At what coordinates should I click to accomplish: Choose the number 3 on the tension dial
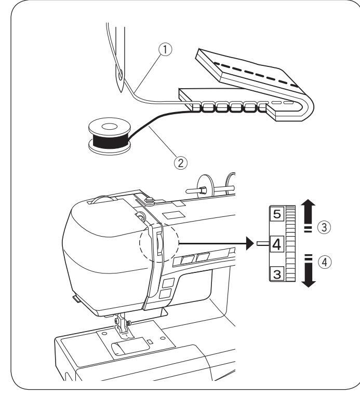pos(277,272)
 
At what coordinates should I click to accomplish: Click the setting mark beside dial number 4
pos(262,242)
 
